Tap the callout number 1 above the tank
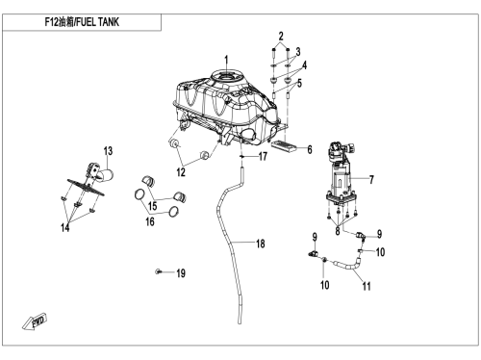click(x=226, y=61)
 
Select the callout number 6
click(x=310, y=149)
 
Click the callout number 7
click(x=371, y=179)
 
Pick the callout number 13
click(x=108, y=151)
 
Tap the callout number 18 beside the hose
click(x=261, y=244)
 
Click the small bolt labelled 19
click(x=158, y=271)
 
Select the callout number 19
click(x=181, y=273)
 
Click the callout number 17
click(x=263, y=156)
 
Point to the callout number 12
click(x=181, y=172)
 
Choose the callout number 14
click(x=64, y=227)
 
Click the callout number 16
click(x=150, y=221)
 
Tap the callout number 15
click(x=153, y=206)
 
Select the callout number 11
click(x=367, y=286)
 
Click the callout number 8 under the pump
click(x=338, y=231)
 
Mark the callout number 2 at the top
click(x=281, y=36)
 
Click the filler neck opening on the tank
click(x=227, y=77)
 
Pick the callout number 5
click(x=299, y=83)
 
